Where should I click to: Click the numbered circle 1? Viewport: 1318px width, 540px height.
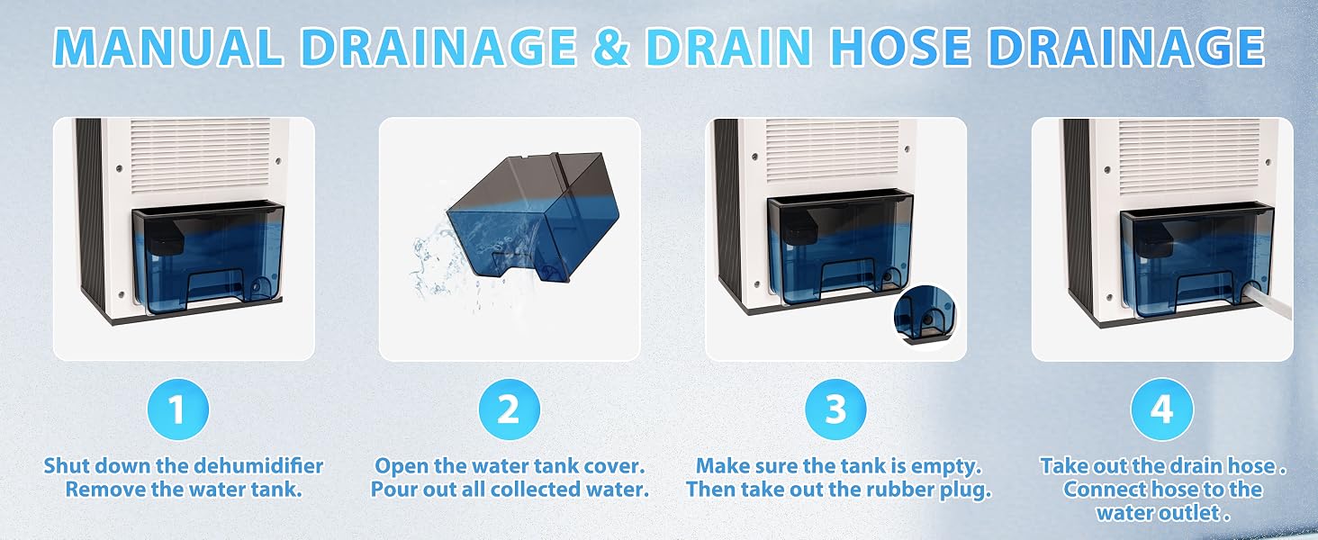tap(177, 409)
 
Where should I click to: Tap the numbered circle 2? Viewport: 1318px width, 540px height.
tap(509, 409)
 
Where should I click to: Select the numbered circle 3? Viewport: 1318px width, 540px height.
tap(835, 409)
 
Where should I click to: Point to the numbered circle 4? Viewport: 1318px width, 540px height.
tap(1162, 409)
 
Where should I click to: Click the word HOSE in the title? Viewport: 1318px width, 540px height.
tap(904, 46)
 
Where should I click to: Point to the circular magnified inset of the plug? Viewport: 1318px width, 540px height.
tap(925, 318)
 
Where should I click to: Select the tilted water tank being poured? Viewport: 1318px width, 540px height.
tap(532, 218)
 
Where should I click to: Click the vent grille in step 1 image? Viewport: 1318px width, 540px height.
tap(200, 155)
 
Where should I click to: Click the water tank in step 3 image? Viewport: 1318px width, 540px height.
tap(840, 247)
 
